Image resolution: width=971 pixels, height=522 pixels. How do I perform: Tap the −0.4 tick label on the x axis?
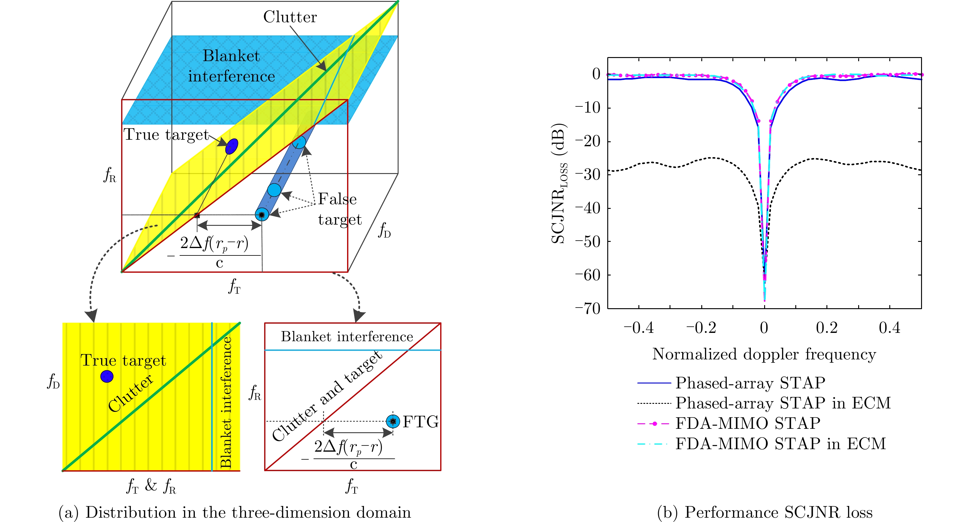638,328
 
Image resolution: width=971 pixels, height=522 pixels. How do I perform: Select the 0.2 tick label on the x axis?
827,328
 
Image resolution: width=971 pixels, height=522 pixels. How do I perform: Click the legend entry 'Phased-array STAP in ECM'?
783,403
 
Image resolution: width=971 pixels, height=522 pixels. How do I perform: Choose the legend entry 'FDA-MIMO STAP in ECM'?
780,444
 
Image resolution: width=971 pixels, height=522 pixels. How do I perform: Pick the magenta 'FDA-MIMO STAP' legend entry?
748,424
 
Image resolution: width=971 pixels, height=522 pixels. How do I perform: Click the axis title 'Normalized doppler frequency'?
764,354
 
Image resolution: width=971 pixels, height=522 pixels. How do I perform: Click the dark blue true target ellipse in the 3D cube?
231,146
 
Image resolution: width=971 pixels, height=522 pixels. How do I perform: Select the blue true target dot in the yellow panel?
107,376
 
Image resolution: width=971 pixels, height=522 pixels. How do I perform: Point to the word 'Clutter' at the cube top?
290,17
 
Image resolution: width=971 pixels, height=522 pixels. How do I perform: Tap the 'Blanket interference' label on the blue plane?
231,66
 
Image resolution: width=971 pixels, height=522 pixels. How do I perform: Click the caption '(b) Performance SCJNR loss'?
765,512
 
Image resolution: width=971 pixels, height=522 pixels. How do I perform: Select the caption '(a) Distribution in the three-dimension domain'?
235,512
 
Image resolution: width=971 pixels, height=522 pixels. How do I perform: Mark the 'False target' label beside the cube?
339,209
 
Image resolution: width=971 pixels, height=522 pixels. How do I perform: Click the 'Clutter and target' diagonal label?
327,396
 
